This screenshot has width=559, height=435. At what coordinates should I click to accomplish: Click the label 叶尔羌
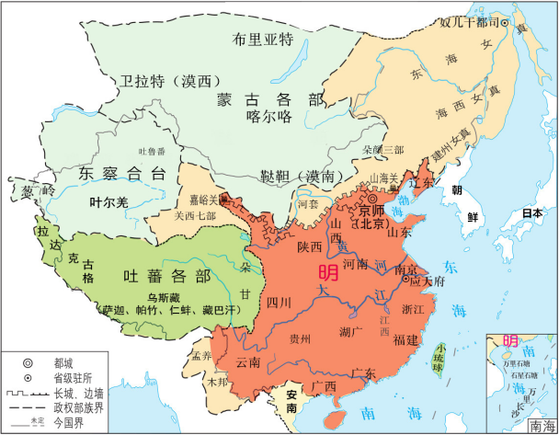click(107, 199)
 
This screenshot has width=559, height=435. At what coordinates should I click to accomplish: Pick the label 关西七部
click(195, 216)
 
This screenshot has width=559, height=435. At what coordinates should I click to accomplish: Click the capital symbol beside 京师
click(373, 199)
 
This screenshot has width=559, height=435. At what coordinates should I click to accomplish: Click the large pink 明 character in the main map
click(326, 272)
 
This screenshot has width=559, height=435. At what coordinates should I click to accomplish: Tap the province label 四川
click(279, 302)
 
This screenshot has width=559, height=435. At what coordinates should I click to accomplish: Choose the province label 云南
click(248, 362)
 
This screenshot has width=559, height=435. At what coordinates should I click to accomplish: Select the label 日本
click(530, 213)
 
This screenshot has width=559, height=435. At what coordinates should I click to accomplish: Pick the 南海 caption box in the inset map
click(541, 426)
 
